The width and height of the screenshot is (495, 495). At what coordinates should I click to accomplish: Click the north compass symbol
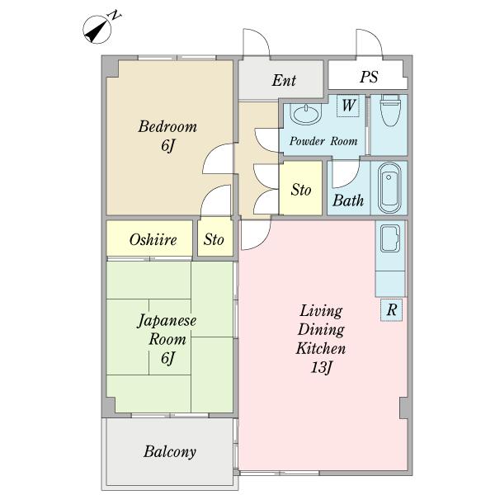pyautogui.click(x=97, y=30)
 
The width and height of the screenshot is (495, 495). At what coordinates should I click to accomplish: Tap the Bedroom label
pyautogui.click(x=167, y=127)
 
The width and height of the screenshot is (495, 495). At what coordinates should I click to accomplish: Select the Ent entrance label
pyautogui.click(x=284, y=80)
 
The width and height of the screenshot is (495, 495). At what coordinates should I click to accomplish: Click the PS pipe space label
pyautogui.click(x=369, y=77)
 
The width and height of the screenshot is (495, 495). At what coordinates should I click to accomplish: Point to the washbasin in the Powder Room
pyautogui.click(x=305, y=113)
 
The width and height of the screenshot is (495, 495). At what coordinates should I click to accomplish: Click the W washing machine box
pyautogui.click(x=348, y=106)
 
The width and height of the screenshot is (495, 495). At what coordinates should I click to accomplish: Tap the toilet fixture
pyautogui.click(x=390, y=111)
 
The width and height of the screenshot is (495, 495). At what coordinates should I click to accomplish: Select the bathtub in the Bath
pyautogui.click(x=389, y=188)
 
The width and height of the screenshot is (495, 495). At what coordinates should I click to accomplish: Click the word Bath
pyautogui.click(x=348, y=200)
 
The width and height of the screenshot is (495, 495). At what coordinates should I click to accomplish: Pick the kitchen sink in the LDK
pyautogui.click(x=390, y=238)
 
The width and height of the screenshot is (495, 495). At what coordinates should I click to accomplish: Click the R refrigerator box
pyautogui.click(x=391, y=310)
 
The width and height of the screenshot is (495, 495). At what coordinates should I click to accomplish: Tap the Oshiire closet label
pyautogui.click(x=153, y=239)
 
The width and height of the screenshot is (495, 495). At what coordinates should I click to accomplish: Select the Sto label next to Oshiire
pyautogui.click(x=214, y=239)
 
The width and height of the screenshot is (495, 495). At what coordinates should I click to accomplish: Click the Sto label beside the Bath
pyautogui.click(x=301, y=190)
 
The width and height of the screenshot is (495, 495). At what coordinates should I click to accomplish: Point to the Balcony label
pyautogui.click(x=170, y=452)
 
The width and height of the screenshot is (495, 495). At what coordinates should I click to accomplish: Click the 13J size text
pyautogui.click(x=321, y=367)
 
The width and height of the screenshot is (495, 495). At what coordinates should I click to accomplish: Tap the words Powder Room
pyautogui.click(x=323, y=141)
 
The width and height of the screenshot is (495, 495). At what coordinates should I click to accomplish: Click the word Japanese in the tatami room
pyautogui.click(x=167, y=321)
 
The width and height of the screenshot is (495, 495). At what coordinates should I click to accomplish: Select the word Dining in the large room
pyautogui.click(x=321, y=330)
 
